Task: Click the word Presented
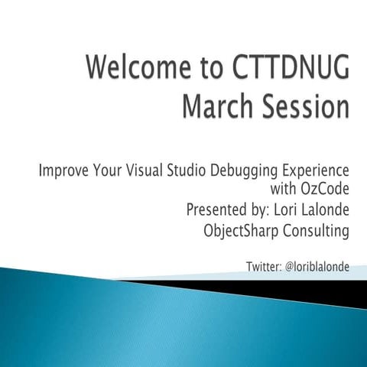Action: point(216,208)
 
